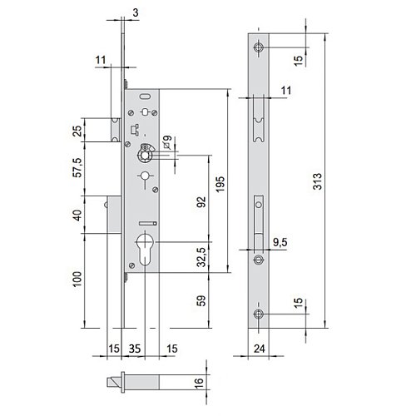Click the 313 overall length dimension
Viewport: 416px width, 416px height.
click(318, 181)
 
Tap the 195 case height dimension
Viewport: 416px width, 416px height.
click(220, 184)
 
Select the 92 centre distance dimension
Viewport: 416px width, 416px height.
click(201, 201)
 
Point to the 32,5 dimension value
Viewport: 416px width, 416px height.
click(202, 257)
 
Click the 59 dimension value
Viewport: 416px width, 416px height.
click(201, 300)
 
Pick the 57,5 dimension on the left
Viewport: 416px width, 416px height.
click(78, 167)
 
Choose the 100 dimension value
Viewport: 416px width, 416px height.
click(77, 280)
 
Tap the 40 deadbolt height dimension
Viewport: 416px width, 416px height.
click(77, 215)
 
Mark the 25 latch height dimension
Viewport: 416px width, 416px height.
click(77, 131)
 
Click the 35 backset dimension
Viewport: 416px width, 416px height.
click(135, 349)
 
